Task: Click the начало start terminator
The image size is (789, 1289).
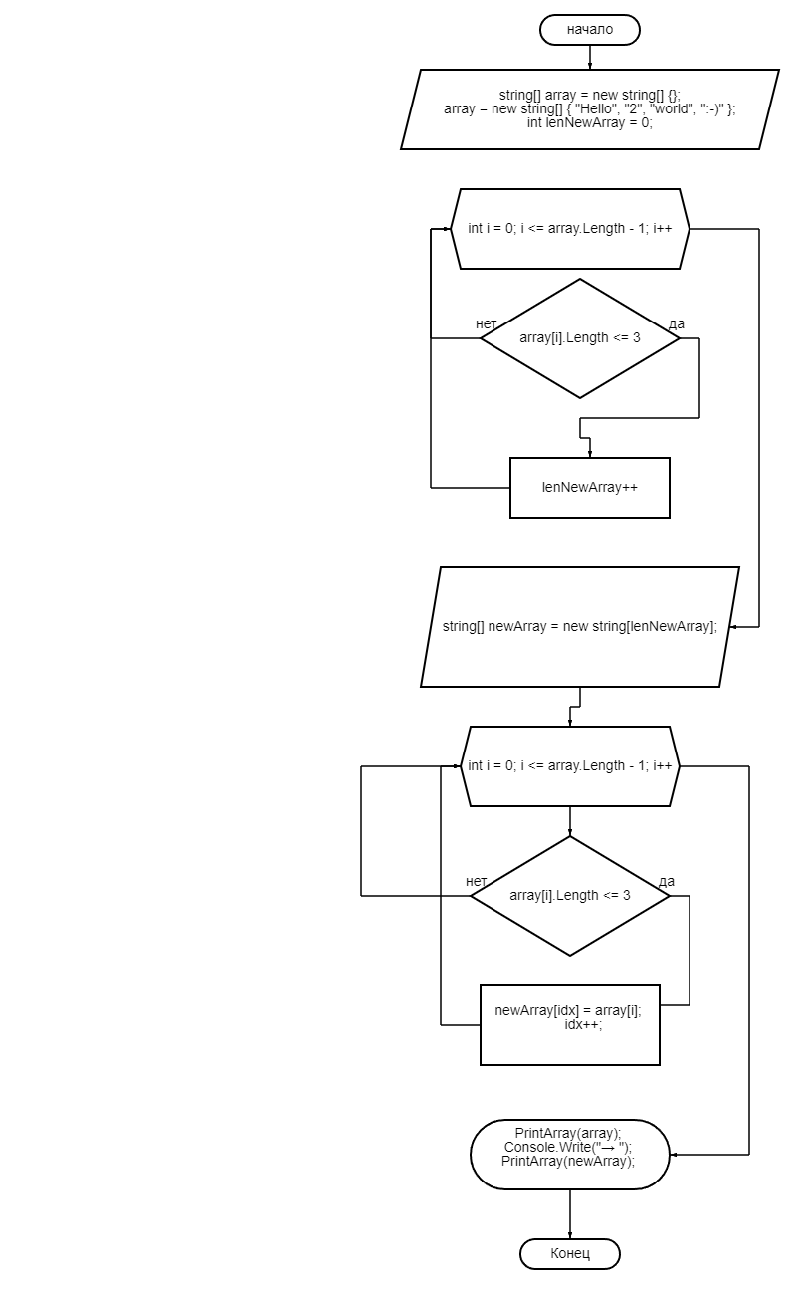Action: pyautogui.click(x=589, y=30)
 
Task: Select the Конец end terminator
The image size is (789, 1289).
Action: pyautogui.click(x=569, y=1253)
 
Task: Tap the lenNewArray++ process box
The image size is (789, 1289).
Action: pyautogui.click(x=589, y=488)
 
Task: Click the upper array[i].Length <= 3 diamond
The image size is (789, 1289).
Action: pyautogui.click(x=579, y=338)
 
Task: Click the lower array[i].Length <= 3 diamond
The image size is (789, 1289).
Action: pyautogui.click(x=569, y=896)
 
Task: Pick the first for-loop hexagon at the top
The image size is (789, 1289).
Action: pyautogui.click(x=570, y=229)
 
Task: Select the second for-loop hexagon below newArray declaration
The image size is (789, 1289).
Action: pyautogui.click(x=570, y=766)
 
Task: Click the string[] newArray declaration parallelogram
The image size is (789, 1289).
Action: pyautogui.click(x=579, y=627)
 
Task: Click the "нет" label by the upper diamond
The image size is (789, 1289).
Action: pyautogui.click(x=487, y=323)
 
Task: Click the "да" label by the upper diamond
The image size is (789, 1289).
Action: pyautogui.click(x=677, y=323)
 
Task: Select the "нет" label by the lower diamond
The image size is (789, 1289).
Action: pyautogui.click(x=476, y=881)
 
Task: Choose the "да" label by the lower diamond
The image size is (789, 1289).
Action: pyautogui.click(x=667, y=881)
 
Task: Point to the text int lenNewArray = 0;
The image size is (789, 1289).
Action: pyautogui.click(x=589, y=123)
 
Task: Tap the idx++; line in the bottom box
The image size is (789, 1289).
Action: pyautogui.click(x=583, y=1024)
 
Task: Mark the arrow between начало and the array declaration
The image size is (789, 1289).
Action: pyautogui.click(x=589, y=57)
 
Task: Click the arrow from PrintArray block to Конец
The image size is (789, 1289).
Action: pyautogui.click(x=569, y=1214)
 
